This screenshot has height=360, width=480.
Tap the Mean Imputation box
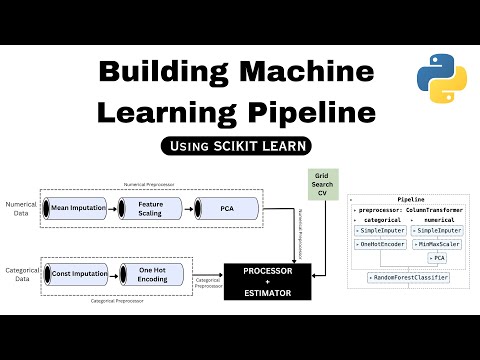coord(78,208)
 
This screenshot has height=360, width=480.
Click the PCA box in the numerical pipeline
coord(227,208)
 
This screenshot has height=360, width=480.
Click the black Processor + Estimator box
coord(267,282)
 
